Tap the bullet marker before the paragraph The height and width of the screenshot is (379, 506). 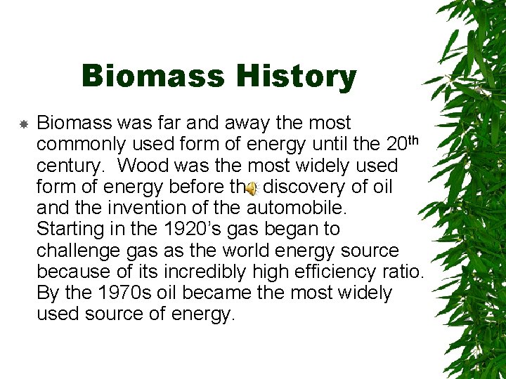pyautogui.click(x=23, y=124)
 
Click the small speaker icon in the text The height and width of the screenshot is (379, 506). pyautogui.click(x=252, y=187)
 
